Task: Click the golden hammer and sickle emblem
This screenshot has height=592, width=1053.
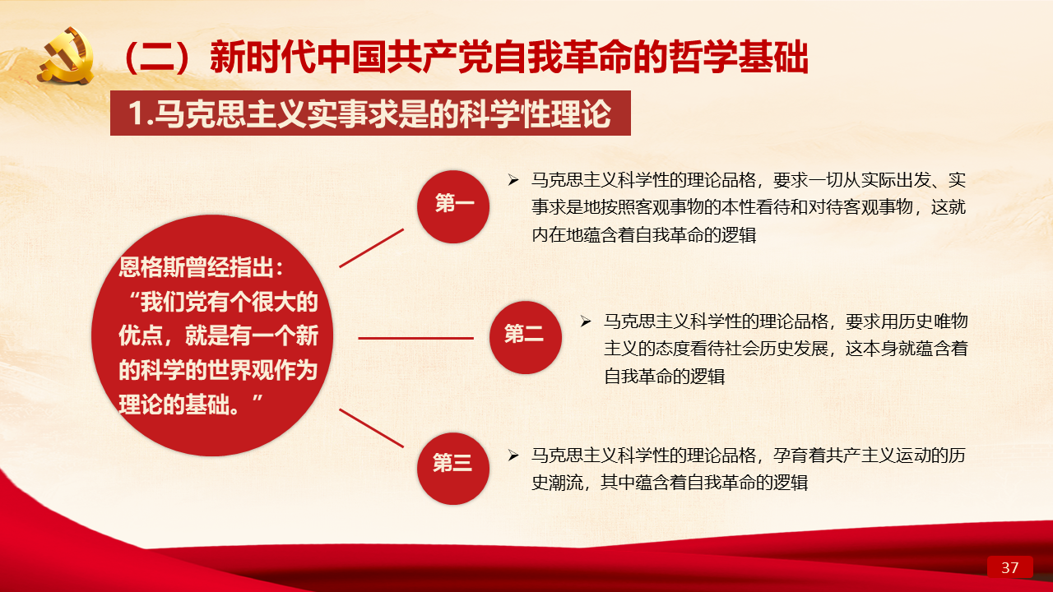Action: click(x=66, y=55)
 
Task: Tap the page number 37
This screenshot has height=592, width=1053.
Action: click(x=1009, y=567)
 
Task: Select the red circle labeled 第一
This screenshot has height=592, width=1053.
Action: click(x=453, y=206)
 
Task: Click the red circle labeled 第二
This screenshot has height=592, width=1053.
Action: click(x=526, y=337)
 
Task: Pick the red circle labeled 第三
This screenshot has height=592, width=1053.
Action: click(x=453, y=469)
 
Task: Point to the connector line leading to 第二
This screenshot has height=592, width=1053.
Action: click(x=416, y=338)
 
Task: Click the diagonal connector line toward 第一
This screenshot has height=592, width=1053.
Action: click(x=371, y=248)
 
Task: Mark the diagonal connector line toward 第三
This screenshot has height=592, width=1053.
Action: click(x=371, y=428)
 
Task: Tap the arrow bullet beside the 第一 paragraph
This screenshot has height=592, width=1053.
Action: click(x=513, y=180)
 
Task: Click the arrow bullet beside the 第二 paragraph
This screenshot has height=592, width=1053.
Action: click(x=585, y=321)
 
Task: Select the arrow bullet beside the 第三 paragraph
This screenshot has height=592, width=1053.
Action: click(x=513, y=455)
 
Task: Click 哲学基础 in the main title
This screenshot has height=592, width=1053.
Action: click(x=739, y=58)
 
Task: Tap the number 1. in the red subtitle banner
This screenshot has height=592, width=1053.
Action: click(x=141, y=113)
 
